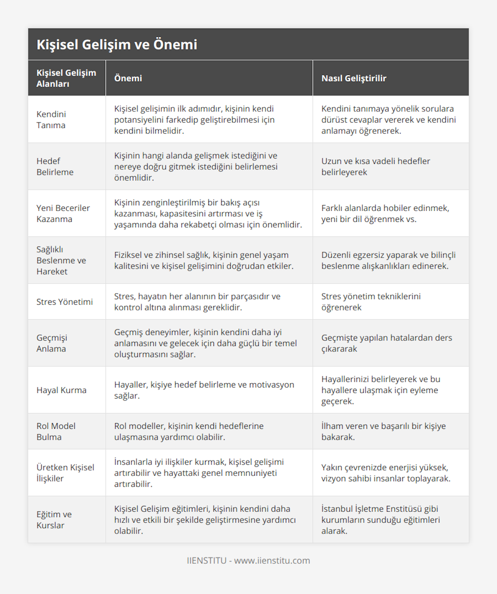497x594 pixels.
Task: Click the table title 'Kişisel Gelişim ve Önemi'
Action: (117, 44)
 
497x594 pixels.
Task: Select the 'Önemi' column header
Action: (128, 78)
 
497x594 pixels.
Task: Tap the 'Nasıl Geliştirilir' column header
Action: (354, 78)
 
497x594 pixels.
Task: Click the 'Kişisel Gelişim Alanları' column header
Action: (66, 78)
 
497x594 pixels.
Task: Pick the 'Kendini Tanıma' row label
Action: (51, 120)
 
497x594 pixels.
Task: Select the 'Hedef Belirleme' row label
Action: (55, 166)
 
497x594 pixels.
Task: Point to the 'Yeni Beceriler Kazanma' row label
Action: (63, 214)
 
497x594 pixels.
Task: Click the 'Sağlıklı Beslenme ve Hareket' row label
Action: (61, 260)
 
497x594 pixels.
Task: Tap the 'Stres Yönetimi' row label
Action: (65, 302)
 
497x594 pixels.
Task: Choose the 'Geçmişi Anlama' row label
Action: (52, 343)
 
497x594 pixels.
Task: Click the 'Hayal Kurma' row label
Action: (61, 390)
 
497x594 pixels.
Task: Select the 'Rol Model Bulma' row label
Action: (56, 431)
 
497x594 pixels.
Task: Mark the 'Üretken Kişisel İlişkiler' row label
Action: (65, 473)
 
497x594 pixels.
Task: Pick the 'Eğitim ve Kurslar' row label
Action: (54, 519)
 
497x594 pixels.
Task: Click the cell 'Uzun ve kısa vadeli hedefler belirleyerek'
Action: (376, 166)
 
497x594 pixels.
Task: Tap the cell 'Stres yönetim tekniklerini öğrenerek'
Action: (371, 302)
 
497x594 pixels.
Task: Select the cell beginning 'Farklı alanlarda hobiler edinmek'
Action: (385, 214)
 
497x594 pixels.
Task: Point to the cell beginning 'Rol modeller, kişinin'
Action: (189, 431)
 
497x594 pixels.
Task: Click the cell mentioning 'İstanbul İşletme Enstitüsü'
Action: (380, 519)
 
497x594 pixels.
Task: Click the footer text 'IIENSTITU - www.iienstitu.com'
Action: (248, 560)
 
